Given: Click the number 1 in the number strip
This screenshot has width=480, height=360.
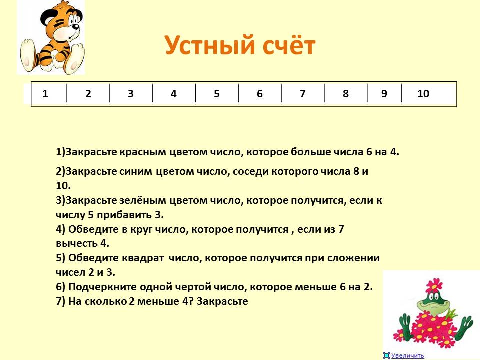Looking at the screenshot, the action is [45, 93].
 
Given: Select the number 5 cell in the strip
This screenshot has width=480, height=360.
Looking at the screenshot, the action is [216, 93].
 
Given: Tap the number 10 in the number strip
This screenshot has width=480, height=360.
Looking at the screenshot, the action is [423, 93].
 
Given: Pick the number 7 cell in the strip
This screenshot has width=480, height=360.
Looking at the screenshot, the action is [303, 93].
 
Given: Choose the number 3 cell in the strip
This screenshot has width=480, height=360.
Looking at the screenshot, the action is [131, 93].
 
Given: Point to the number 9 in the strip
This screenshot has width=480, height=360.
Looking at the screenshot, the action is [384, 93].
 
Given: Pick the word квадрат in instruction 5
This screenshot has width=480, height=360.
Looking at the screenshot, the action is [143, 258].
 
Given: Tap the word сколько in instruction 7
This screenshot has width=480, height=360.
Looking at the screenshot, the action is [105, 301].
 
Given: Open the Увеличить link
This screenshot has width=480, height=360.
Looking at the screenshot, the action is [408, 355].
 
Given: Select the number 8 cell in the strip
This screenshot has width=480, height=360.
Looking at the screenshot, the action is [345, 93].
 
